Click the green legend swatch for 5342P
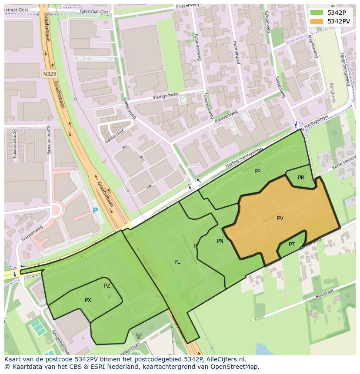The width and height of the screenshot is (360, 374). [x=317, y=12]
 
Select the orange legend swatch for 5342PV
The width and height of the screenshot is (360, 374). [x=317, y=21]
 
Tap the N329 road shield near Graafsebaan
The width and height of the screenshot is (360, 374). [x=50, y=74]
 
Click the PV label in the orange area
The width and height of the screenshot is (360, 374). [x=280, y=218]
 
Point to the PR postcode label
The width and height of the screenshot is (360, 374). [x=301, y=178]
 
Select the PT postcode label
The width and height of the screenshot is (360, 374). [x=291, y=245]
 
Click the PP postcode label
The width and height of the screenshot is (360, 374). [x=257, y=172]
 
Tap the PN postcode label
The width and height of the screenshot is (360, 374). [x=220, y=241]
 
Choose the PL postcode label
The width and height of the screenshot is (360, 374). [x=177, y=262]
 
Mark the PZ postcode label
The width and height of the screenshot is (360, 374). [x=107, y=286]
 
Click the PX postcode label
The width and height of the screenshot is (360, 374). [x=88, y=300]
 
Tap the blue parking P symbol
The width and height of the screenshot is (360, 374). [x=95, y=211]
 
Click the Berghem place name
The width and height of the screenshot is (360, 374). [x=332, y=92]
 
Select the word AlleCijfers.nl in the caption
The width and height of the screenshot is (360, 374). [x=226, y=359]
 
